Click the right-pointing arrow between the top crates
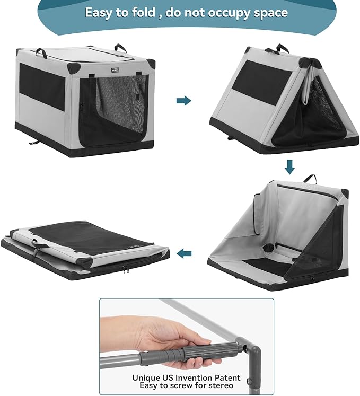(x=183, y=101)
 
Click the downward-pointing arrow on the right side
(x=289, y=168)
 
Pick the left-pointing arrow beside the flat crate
(x=184, y=253)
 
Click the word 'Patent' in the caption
(x=226, y=378)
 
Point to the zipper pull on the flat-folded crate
(x=126, y=270)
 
